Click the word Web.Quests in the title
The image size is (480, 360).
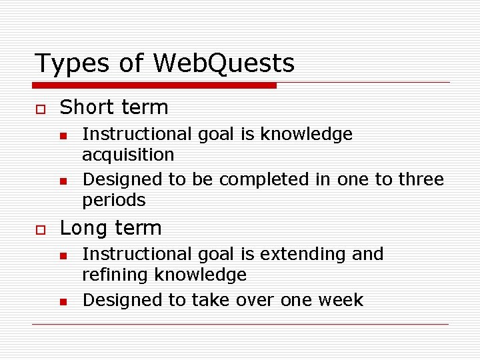point(223,63)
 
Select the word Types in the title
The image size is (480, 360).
point(67,64)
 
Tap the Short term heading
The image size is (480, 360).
point(114,107)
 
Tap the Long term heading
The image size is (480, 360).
point(111,228)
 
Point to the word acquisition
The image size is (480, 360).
point(127,155)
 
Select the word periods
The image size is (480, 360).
point(113,200)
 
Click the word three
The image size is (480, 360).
point(421,179)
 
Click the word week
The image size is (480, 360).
point(340,300)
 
